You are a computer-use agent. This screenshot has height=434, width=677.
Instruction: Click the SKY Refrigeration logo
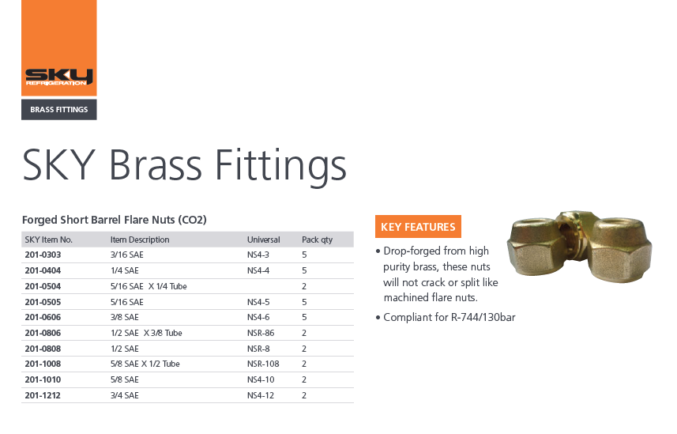coord(58,77)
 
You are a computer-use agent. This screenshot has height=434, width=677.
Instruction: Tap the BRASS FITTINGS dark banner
coord(59,109)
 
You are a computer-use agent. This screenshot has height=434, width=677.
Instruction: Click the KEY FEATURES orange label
coord(418,227)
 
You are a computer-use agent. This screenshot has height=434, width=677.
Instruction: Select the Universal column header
coord(263,240)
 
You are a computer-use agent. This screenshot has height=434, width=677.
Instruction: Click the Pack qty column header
coord(317,240)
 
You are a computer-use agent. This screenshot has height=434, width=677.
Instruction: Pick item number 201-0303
coord(43,255)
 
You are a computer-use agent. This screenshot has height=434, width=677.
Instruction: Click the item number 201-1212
coord(43,395)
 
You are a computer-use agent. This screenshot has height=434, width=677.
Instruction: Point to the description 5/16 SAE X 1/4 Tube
coord(149,286)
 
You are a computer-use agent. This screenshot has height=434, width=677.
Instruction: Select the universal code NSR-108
coord(263,364)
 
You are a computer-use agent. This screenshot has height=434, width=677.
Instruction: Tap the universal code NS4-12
coord(261,395)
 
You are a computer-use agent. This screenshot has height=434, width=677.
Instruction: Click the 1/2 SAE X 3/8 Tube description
coord(146,333)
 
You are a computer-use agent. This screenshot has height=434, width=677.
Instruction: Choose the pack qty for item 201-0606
coord(304,317)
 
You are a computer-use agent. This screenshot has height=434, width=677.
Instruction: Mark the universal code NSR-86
coord(261,333)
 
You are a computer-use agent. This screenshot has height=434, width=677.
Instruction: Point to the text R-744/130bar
coord(483,317)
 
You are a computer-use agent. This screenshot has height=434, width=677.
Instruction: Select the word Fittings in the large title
coord(280,164)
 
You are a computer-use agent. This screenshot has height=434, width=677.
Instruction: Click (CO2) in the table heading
coord(192,220)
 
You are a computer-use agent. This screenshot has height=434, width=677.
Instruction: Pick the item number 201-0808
coord(43,349)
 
